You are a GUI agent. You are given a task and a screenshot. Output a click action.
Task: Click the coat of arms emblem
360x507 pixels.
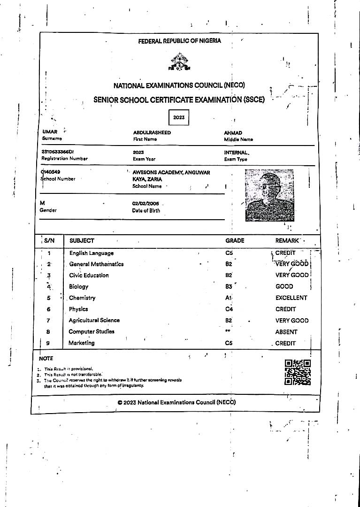pyautogui.click(x=178, y=62)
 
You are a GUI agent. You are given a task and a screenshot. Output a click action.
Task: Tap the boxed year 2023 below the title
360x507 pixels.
pyautogui.click(x=179, y=117)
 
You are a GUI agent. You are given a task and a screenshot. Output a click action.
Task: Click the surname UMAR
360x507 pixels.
pyautogui.click(x=50, y=132)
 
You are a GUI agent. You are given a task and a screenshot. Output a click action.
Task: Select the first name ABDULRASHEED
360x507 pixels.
pyautogui.click(x=152, y=133)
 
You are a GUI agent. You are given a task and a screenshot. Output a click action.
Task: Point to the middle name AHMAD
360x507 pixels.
pyautogui.click(x=233, y=133)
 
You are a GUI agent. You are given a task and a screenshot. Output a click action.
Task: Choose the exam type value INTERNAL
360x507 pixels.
pyautogui.click(x=237, y=153)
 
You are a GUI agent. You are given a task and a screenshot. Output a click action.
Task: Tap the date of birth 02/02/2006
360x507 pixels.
pyautogui.click(x=146, y=203)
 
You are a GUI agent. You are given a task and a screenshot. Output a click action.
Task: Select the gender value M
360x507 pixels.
pyautogui.click(x=43, y=203)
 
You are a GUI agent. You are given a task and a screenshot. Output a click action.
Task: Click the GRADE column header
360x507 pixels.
pyautogui.click(x=235, y=240)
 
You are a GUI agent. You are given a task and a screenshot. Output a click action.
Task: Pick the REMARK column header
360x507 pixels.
pyautogui.click(x=288, y=240)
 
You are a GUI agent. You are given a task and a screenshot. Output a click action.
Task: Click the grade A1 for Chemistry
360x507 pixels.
pyautogui.click(x=229, y=298)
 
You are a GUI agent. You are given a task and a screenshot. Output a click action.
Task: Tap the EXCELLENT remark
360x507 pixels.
pyautogui.click(x=291, y=298)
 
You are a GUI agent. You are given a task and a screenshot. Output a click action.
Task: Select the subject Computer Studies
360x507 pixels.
pyautogui.click(x=92, y=331)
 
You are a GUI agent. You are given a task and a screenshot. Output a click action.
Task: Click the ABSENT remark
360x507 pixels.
pyautogui.click(x=286, y=332)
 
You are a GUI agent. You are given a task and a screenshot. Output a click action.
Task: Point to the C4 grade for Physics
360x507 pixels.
pyautogui.click(x=229, y=309)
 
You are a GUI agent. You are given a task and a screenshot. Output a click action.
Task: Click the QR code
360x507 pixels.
pyautogui.click(x=298, y=372)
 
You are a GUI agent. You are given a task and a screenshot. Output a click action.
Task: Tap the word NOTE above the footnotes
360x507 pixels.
pyautogui.click(x=46, y=358)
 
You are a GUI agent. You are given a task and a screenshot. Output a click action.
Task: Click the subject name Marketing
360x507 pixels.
pyautogui.click(x=82, y=343)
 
